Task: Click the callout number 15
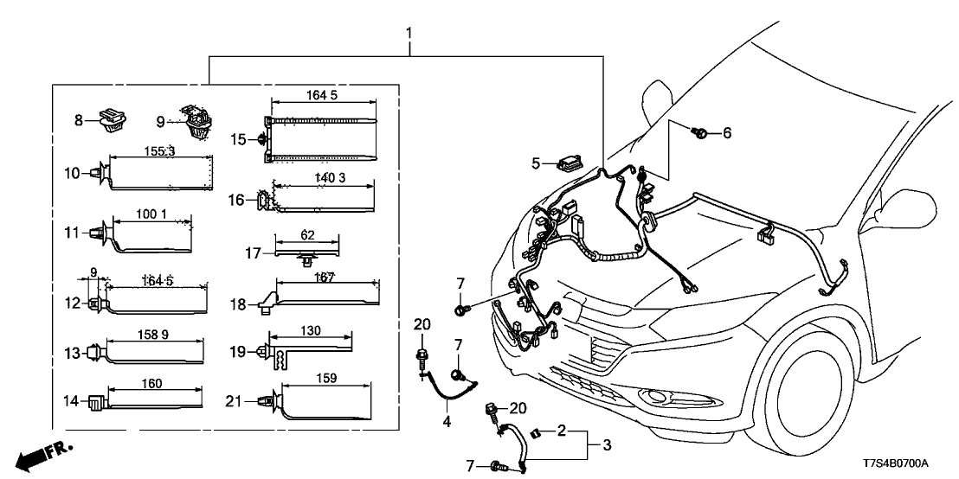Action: tap(238, 138)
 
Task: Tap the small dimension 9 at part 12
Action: tap(93, 272)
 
